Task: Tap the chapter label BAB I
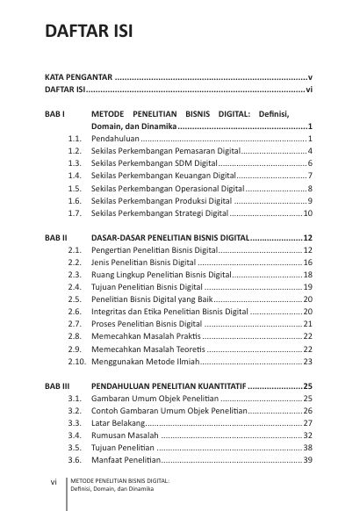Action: tap(54, 114)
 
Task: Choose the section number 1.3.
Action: tap(75, 163)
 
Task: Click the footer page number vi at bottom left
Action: tap(54, 482)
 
